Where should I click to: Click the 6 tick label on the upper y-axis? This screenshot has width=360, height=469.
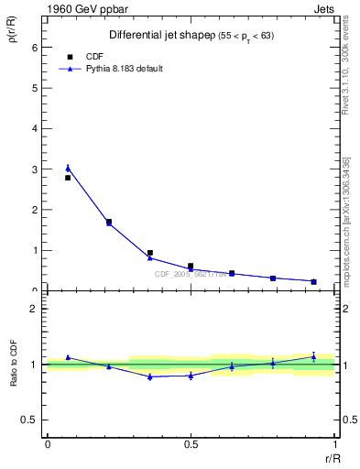[35, 48]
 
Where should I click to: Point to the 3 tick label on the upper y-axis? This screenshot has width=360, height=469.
[35, 169]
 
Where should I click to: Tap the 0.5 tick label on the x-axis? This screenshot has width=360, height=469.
[191, 446]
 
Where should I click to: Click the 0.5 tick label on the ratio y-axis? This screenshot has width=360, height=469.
[29, 420]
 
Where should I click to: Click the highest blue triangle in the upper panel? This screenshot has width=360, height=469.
[68, 168]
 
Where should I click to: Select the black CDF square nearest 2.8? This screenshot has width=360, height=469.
[68, 178]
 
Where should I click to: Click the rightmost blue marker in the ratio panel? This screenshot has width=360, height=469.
[313, 356]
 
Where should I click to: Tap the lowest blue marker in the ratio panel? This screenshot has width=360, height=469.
[149, 376]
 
